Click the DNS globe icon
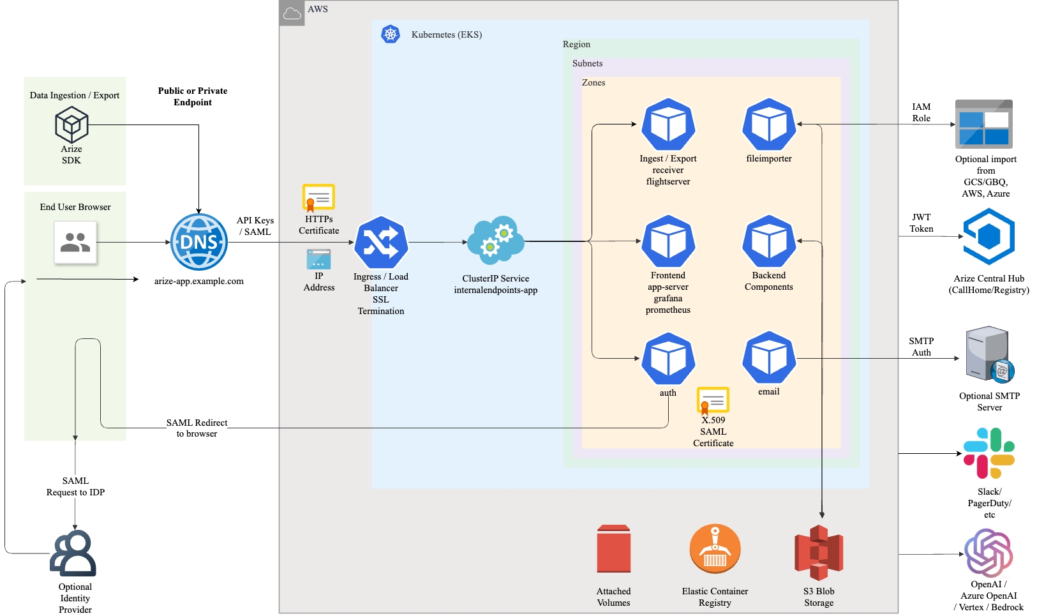[199, 242]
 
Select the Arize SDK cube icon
[71, 124]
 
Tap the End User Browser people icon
[75, 243]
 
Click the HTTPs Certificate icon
[318, 199]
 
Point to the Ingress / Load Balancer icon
[381, 243]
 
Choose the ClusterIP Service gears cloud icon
[496, 241]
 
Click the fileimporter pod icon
[769, 124]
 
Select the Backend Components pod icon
[769, 241]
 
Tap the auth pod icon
[668, 358]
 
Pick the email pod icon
[769, 357]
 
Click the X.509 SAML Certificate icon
[713, 401]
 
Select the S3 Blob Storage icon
[819, 552]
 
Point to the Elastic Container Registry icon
[715, 550]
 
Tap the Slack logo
[989, 453]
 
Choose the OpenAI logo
[989, 552]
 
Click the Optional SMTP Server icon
[989, 354]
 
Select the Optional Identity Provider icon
[73, 553]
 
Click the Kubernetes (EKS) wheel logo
[391, 34]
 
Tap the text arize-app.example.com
[199, 282]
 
